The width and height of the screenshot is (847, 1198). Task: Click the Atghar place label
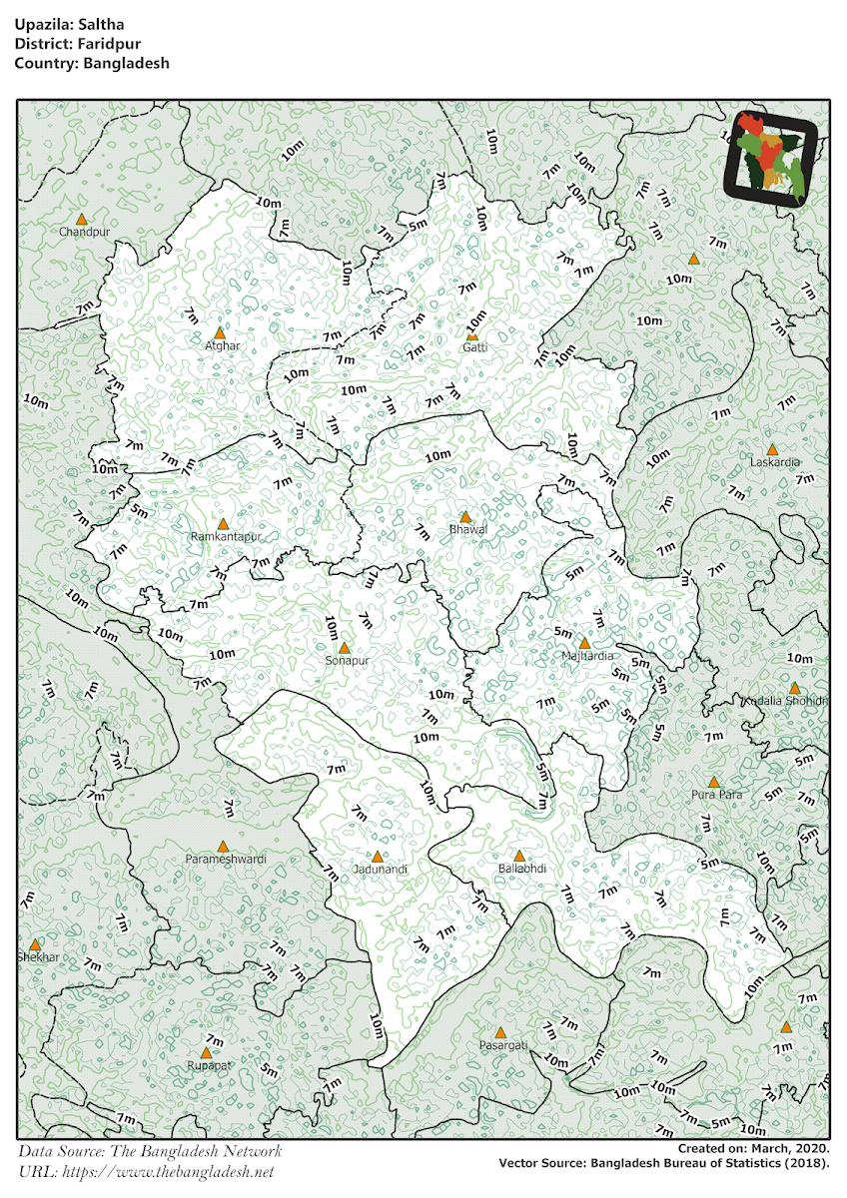pos(222,345)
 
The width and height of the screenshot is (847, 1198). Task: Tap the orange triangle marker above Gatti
pos(472,335)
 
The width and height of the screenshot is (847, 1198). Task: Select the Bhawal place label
pos(466,530)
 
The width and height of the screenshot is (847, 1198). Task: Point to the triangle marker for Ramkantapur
pos(224,523)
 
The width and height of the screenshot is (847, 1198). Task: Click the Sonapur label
pos(348,661)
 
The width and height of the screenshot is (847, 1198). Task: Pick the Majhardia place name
pos(585,656)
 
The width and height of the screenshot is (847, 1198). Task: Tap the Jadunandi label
pos(381,870)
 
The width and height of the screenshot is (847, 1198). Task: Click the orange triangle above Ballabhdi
pos(519,856)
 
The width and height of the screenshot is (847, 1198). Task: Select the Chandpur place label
pos(83,232)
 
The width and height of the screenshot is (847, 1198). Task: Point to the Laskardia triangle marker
pos(772,450)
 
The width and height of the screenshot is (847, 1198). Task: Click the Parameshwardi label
pos(226,859)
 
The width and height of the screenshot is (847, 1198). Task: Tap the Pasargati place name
pos(502,1045)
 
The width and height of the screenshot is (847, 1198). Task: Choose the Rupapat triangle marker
pos(206,1052)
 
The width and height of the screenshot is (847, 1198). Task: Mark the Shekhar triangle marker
pos(35,944)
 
